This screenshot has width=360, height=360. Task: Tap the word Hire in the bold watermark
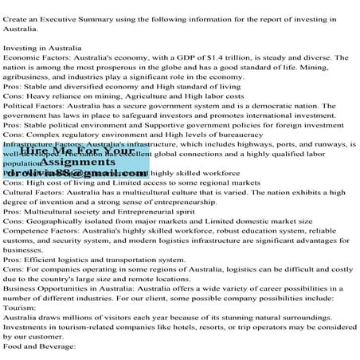point(38,150)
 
